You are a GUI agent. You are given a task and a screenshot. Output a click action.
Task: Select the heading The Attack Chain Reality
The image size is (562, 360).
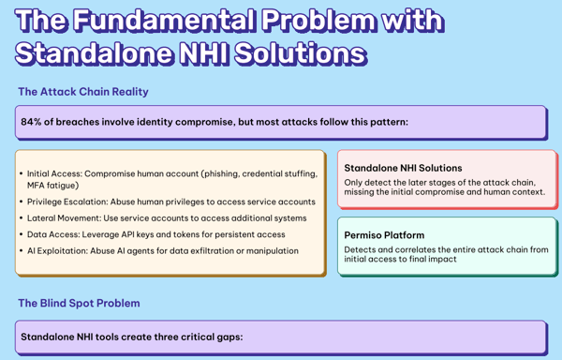coord(83,92)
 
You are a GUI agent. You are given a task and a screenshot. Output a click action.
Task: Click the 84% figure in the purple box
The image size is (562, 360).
coord(32,122)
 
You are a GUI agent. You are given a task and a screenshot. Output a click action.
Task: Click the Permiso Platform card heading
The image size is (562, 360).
coord(384,235)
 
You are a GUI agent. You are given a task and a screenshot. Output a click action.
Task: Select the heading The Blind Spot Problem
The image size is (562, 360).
coord(80,303)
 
